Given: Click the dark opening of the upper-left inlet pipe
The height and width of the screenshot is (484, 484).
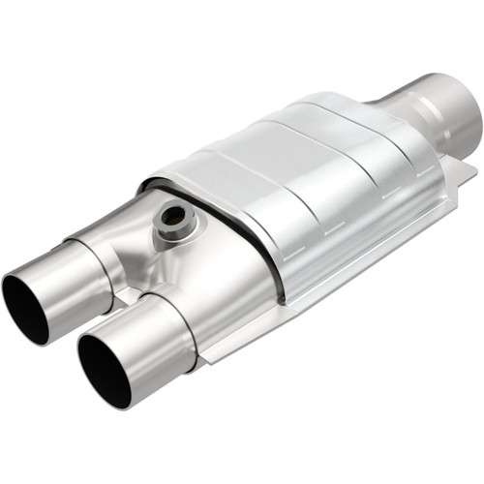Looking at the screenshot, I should pyautogui.click(x=25, y=307).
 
